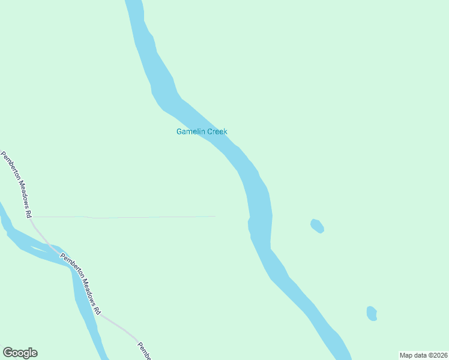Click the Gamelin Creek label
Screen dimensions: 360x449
202,132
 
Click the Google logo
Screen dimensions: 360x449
20,353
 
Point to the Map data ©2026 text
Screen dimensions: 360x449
424,355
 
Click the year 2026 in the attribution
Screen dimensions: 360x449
439,355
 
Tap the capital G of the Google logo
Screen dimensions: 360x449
8,353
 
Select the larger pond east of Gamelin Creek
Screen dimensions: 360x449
318,226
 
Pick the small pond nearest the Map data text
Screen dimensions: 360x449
372,313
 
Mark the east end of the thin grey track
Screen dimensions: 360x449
214,216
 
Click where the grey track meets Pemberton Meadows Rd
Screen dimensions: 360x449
31,217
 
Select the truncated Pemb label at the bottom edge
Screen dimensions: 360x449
144,351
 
